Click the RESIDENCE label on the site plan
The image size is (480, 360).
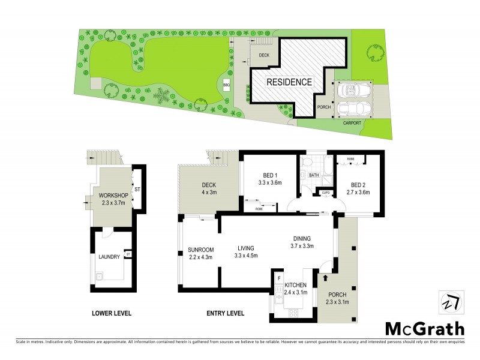(x=289, y=82)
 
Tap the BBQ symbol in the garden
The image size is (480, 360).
(x=227, y=85)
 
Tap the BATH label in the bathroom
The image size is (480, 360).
(x=313, y=175)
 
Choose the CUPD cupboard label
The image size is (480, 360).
(x=326, y=193)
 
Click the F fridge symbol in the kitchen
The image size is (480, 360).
(x=279, y=278)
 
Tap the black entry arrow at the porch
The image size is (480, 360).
(x=326, y=278)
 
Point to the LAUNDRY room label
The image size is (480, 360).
(x=109, y=257)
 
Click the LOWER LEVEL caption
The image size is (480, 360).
(x=112, y=313)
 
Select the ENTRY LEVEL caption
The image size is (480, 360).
(x=225, y=313)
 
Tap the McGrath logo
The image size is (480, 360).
(x=424, y=329)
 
